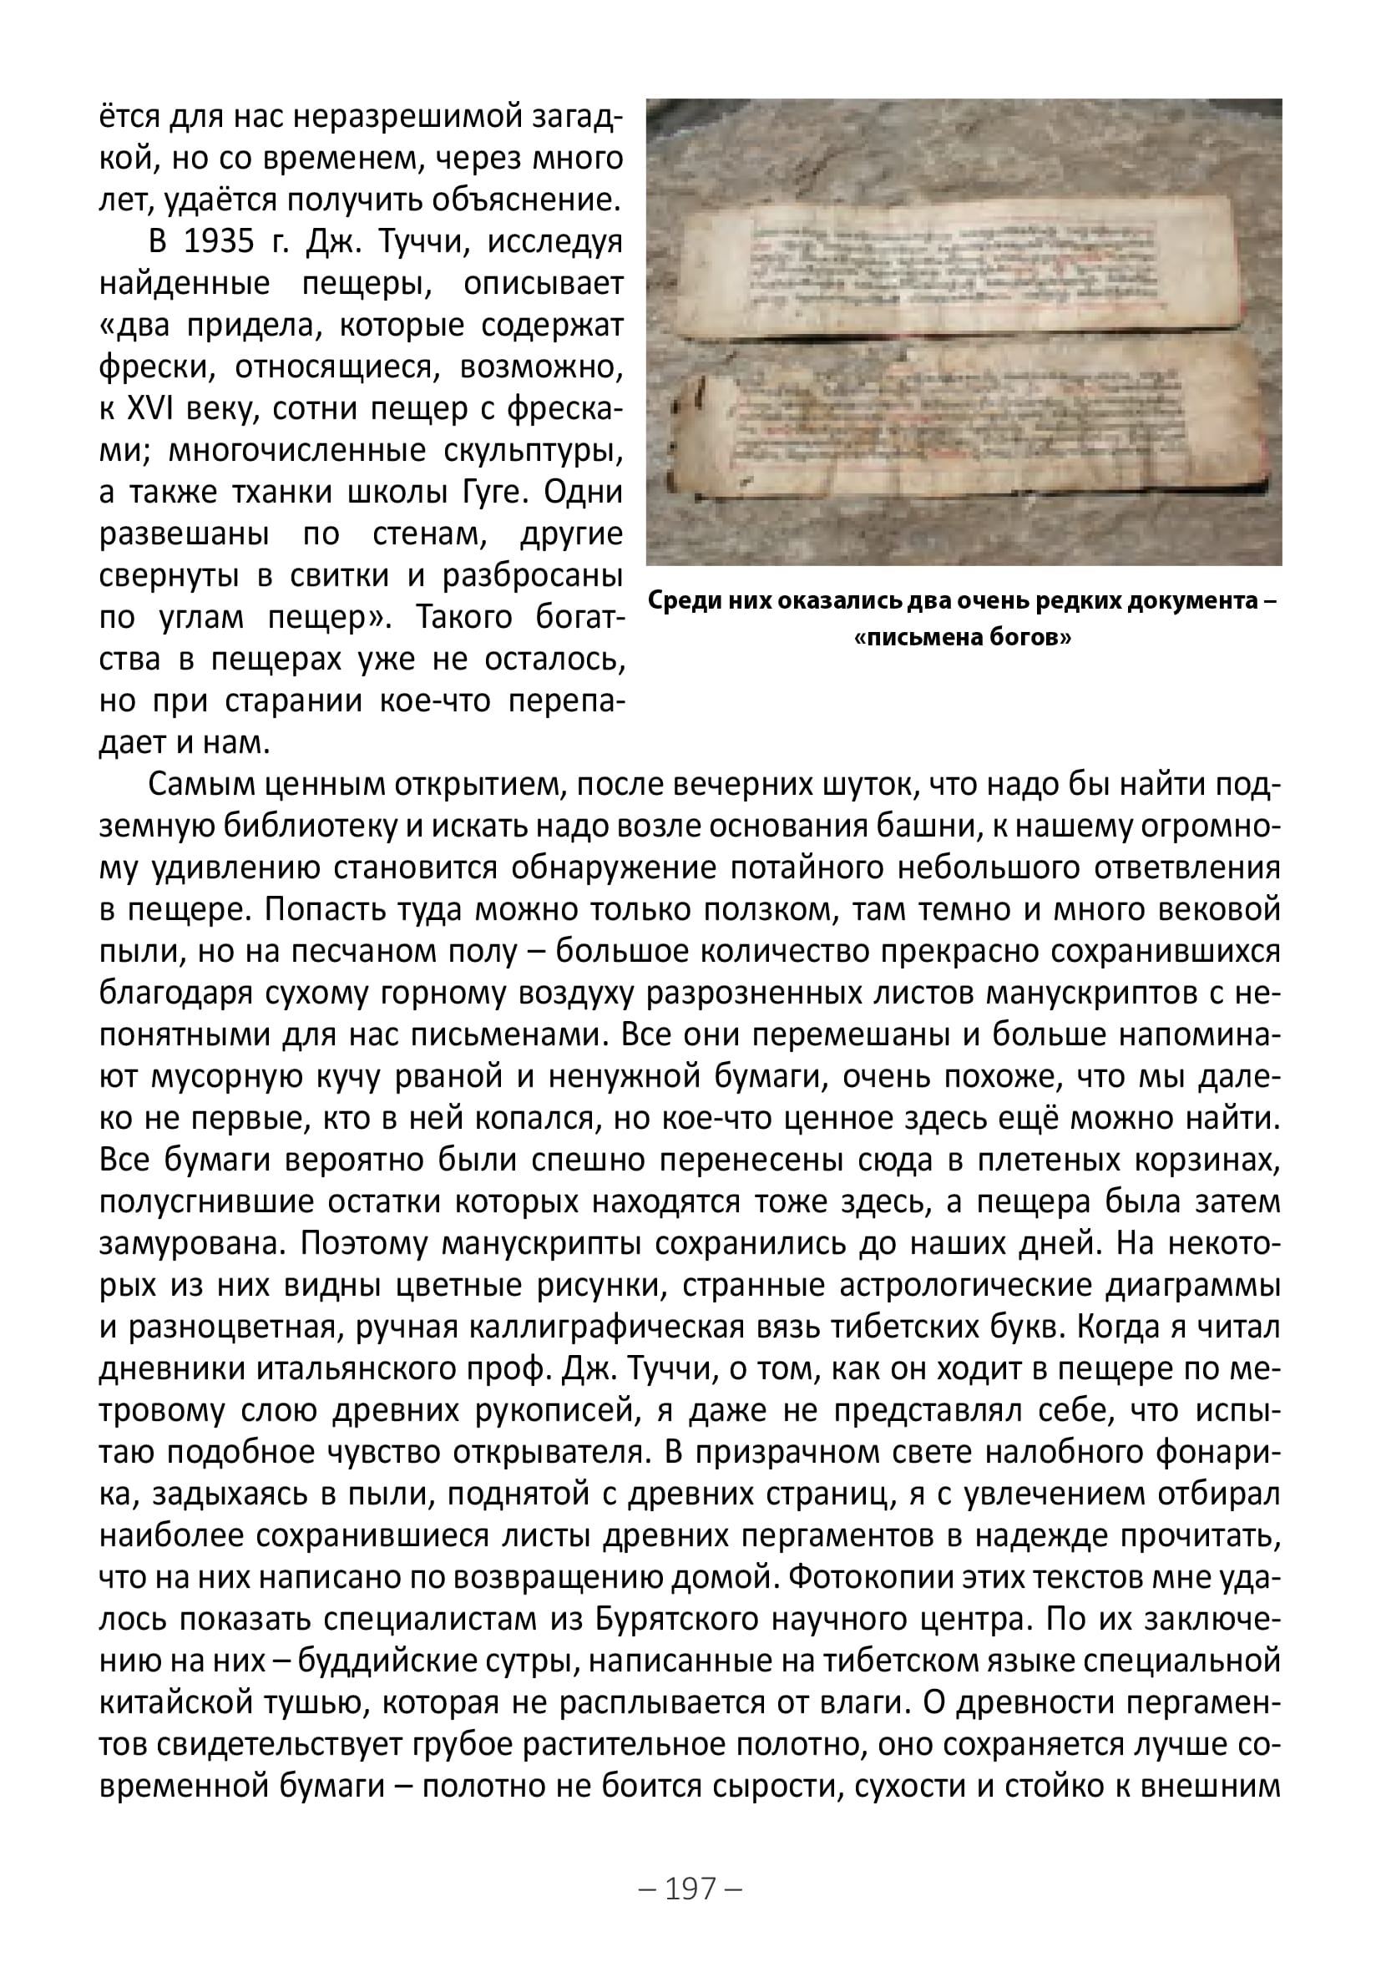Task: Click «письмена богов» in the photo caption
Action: click(963, 637)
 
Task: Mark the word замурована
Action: click(191, 1243)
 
